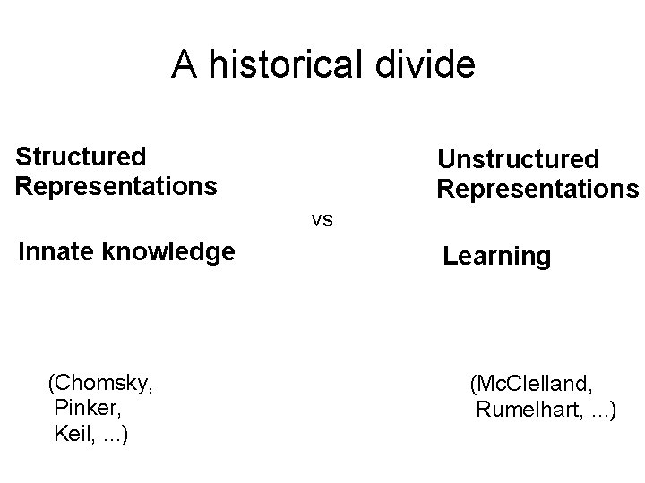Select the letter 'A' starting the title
pos(185,64)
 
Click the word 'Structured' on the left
pos(81,157)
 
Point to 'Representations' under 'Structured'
pos(116,186)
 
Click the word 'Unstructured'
pos(518,159)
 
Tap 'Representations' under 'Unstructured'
pos(537,190)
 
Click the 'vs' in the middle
pos(322,218)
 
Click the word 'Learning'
pos(497,257)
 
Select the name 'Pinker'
pos(90,409)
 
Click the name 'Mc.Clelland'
pos(534,386)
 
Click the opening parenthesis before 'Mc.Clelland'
pos(473,386)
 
